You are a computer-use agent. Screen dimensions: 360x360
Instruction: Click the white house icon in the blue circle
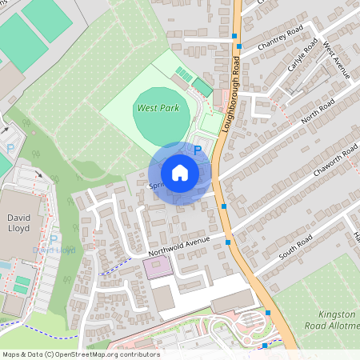point(180,172)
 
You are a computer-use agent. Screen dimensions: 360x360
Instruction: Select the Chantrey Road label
point(280,37)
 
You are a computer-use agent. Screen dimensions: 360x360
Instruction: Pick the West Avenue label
point(337,62)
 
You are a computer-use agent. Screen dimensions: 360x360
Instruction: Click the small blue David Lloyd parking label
point(54,250)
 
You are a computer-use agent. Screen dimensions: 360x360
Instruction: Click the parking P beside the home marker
point(198,150)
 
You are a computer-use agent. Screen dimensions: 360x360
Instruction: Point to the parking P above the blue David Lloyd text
point(54,238)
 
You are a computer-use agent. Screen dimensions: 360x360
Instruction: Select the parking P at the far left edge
point(10,149)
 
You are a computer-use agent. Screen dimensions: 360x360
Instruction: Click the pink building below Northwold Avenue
point(157,269)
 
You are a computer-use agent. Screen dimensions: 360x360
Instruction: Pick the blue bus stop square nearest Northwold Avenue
point(229,242)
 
